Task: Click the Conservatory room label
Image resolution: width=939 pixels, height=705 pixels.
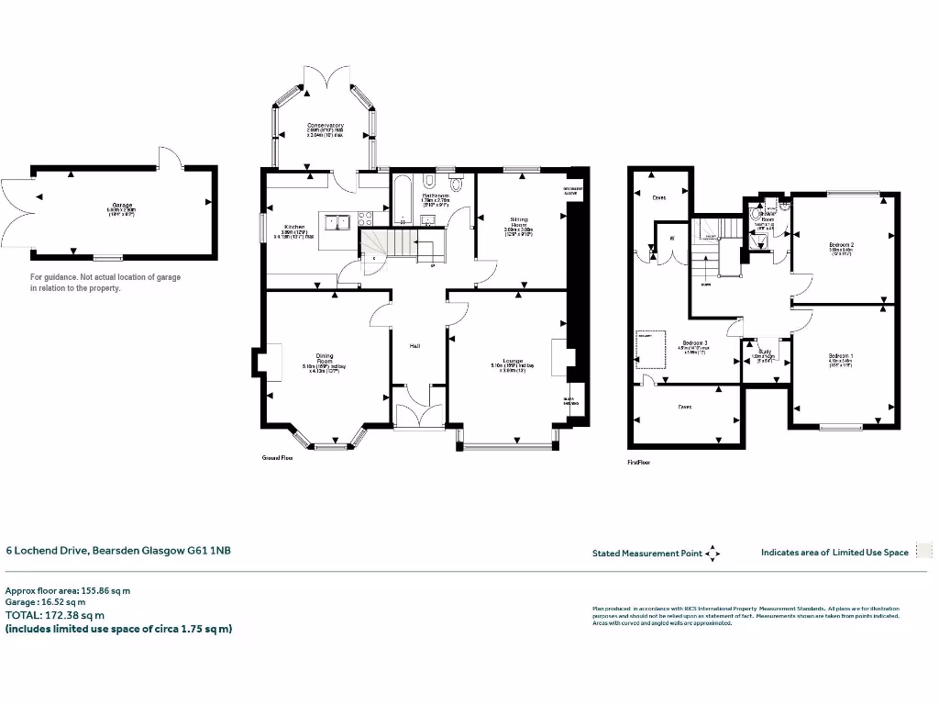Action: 326,125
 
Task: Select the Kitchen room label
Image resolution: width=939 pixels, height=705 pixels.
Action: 294,227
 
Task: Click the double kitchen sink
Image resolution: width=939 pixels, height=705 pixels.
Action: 336,220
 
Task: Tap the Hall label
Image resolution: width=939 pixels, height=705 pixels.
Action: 415,345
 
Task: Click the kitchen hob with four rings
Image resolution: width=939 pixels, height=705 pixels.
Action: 363,220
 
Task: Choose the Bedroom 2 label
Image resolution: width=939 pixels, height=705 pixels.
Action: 841,245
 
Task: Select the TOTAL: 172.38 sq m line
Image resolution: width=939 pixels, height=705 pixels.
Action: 56,615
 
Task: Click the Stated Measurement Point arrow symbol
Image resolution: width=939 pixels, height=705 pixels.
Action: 713,554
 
